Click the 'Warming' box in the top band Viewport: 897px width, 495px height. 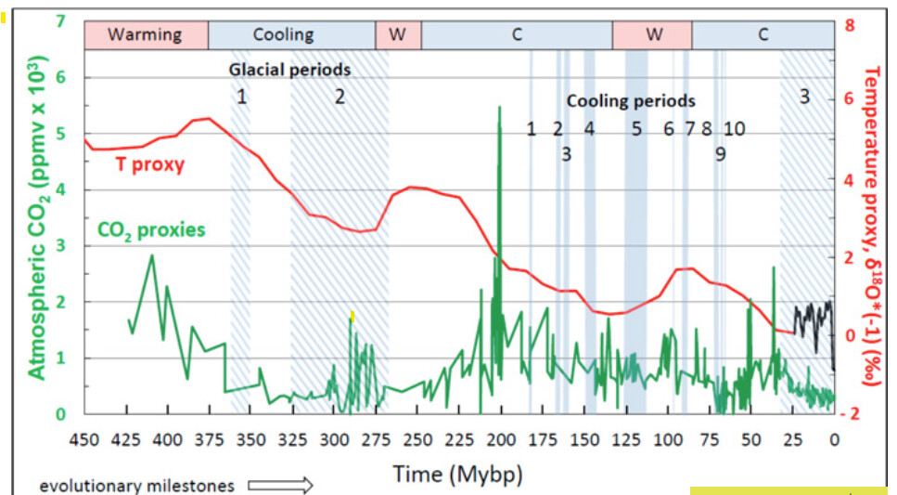[x=146, y=35]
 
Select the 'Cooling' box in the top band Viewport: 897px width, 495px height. [x=284, y=35]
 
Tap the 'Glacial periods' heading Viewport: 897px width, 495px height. [x=290, y=70]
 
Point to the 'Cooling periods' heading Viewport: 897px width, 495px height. [x=631, y=101]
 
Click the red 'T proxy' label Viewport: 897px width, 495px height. [x=149, y=165]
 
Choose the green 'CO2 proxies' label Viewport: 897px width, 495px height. [x=150, y=229]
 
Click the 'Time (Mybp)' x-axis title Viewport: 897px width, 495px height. [x=457, y=474]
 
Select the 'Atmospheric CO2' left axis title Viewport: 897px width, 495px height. [x=36, y=218]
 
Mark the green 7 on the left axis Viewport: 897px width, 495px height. [x=62, y=20]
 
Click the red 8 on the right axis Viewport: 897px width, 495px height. [x=851, y=25]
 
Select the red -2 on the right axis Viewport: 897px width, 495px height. [x=852, y=414]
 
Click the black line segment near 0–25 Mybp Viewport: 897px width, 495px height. [x=812, y=316]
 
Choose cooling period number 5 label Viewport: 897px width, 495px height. [x=636, y=129]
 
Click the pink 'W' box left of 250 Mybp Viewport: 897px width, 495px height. [x=398, y=35]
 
